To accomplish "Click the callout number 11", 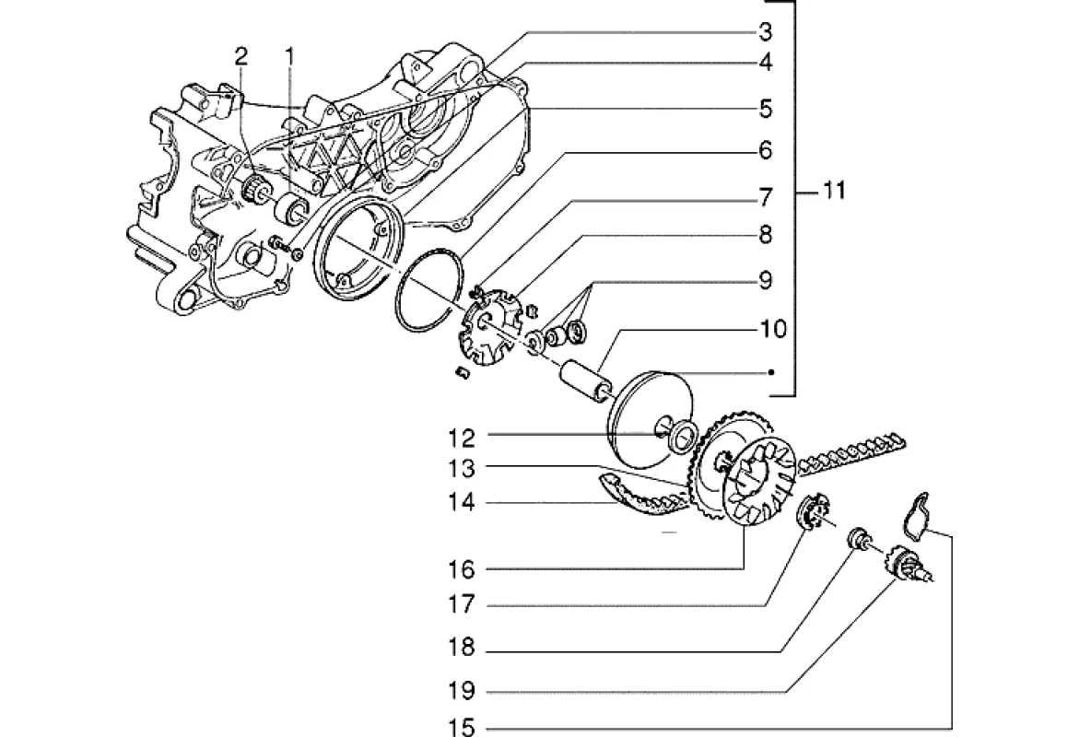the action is click(834, 191).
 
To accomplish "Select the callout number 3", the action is click(766, 31).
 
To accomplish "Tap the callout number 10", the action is click(773, 329).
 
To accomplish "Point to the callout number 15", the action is click(462, 727).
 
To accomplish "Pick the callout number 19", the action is click(462, 690).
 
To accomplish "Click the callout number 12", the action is click(462, 438).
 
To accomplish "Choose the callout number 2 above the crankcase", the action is click(240, 56).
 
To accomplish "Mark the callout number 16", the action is click(462, 569).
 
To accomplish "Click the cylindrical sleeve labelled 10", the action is click(583, 380).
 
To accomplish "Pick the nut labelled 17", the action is click(813, 511).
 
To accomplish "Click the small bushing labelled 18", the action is click(858, 537).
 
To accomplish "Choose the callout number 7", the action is click(766, 198).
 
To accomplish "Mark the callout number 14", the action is click(462, 502).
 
